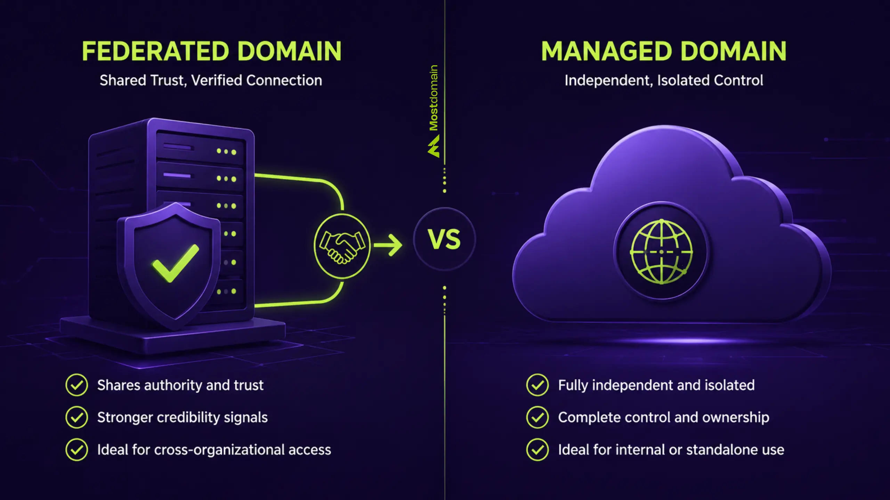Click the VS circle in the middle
click(444, 239)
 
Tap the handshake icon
click(342, 246)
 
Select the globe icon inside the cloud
click(661, 252)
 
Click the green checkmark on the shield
click(176, 263)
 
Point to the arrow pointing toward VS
click(388, 245)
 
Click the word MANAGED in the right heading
click(606, 51)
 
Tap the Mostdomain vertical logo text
click(434, 98)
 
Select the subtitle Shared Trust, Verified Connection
click(211, 80)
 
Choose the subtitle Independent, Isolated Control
click(664, 80)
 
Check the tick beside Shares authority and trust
click(76, 385)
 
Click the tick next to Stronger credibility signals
click(76, 417)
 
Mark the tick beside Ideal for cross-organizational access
click(76, 449)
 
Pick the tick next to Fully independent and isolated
click(537, 385)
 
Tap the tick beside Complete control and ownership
click(537, 417)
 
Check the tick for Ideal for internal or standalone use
click(537, 449)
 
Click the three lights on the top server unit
click(226, 151)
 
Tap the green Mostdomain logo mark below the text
click(434, 146)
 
